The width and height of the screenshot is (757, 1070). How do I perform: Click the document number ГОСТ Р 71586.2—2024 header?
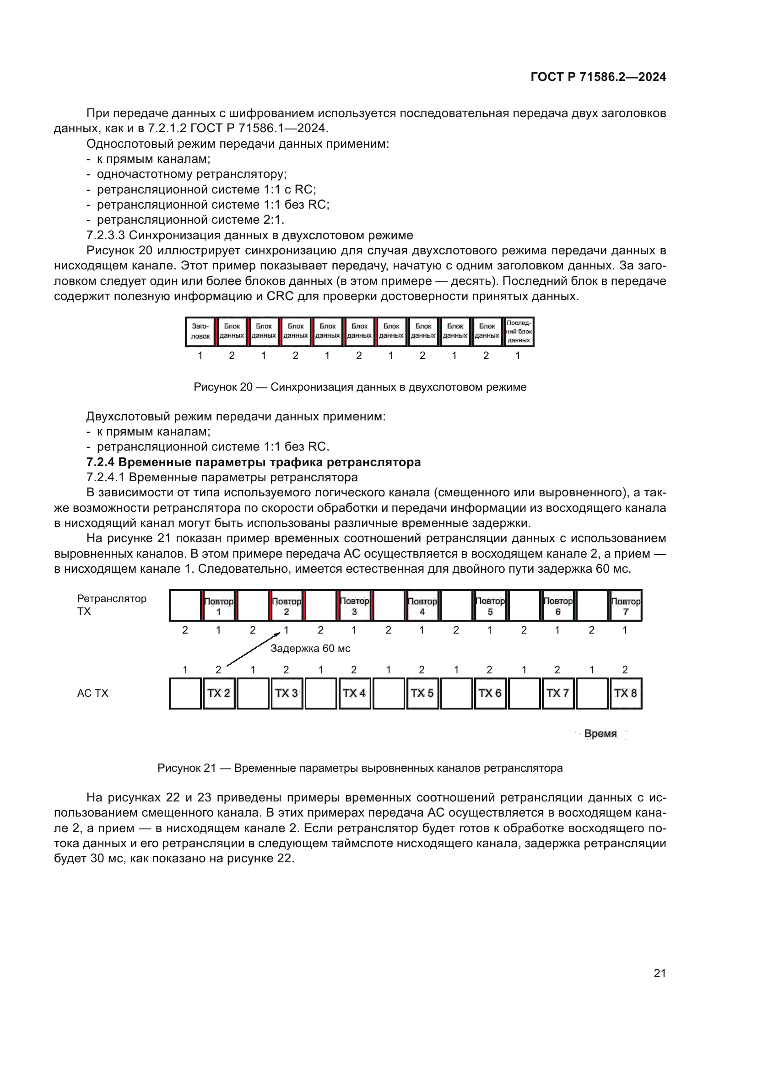(598, 77)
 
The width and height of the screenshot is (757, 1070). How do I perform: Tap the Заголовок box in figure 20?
(200, 331)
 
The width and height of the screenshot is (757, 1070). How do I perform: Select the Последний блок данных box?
(519, 331)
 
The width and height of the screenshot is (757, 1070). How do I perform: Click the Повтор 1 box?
(218, 606)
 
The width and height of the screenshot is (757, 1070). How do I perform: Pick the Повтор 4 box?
(422, 606)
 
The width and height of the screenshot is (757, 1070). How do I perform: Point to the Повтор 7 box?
(625, 606)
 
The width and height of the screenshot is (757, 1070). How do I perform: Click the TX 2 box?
(218, 693)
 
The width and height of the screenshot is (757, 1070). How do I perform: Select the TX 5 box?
(422, 693)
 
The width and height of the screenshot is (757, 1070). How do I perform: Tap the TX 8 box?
(625, 693)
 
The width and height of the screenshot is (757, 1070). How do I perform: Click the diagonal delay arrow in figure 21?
(253, 649)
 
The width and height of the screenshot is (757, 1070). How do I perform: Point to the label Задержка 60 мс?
(310, 648)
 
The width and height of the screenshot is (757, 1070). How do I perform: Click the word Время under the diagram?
(600, 733)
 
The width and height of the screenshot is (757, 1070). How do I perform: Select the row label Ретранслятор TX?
(111, 604)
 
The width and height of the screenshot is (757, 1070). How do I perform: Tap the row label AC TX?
(92, 693)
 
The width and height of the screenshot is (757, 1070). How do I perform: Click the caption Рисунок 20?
(360, 387)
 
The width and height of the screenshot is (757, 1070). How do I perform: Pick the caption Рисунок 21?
(360, 768)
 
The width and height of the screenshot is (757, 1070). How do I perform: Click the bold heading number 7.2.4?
(101, 462)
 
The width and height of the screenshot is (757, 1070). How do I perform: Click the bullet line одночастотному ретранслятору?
(192, 174)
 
